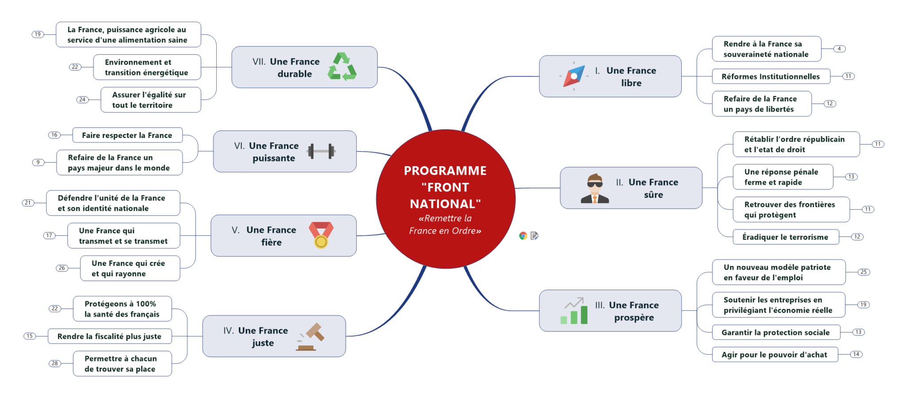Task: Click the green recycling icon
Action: click(x=342, y=67)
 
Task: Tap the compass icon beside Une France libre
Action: click(x=574, y=76)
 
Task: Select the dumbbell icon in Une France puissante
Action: click(x=321, y=151)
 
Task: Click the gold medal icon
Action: click(x=321, y=235)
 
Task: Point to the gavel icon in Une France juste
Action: click(x=311, y=337)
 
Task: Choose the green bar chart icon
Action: click(x=574, y=311)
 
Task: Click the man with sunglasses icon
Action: click(x=595, y=188)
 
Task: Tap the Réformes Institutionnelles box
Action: click(x=771, y=77)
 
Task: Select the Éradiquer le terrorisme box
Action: click(x=785, y=237)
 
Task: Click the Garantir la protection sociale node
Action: click(x=775, y=333)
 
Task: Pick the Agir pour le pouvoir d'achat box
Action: click(x=774, y=355)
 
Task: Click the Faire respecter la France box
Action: click(x=127, y=135)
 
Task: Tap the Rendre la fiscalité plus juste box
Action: click(x=109, y=337)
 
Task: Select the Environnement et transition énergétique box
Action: click(x=147, y=67)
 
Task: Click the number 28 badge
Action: click(x=55, y=364)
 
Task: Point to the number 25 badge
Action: click(x=864, y=272)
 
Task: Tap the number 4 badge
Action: click(x=839, y=49)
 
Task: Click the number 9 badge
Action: click(x=38, y=162)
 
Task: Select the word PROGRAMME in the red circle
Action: click(x=445, y=171)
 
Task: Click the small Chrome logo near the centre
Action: click(x=523, y=236)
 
